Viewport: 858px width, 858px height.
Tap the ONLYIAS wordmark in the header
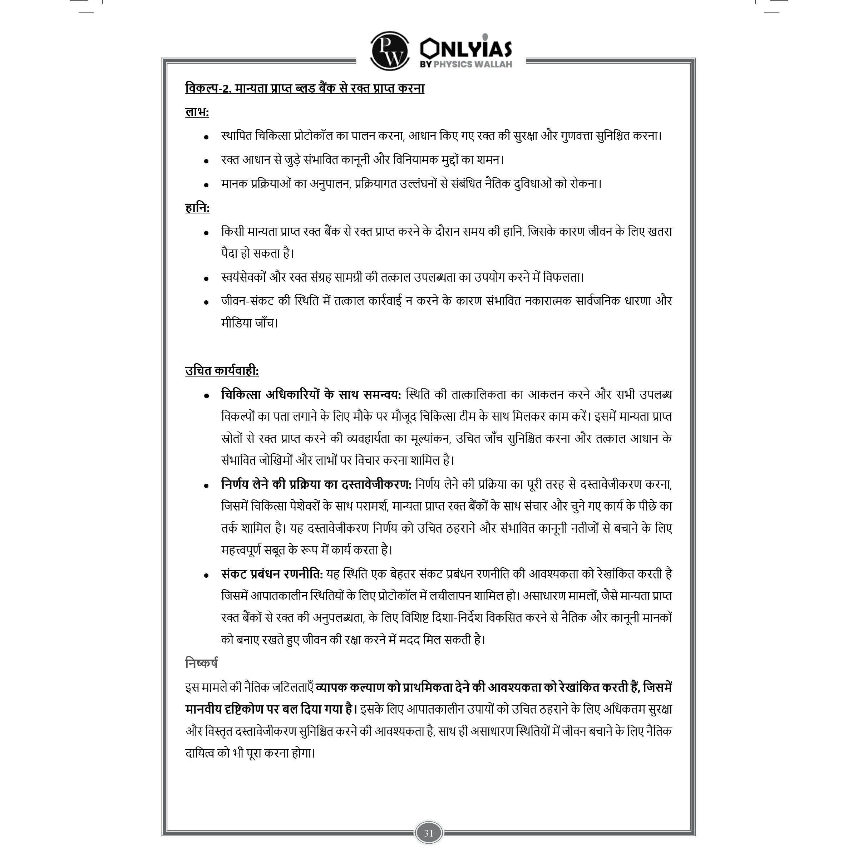(x=466, y=48)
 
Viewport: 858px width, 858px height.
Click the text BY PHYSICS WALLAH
(x=466, y=64)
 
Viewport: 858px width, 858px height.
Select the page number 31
(x=429, y=833)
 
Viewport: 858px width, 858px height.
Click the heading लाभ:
(x=197, y=112)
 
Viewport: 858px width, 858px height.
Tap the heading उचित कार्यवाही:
(x=222, y=371)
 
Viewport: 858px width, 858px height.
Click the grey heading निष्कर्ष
(x=201, y=663)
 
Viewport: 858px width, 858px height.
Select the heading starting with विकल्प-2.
(x=305, y=88)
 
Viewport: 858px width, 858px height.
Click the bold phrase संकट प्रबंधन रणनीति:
(x=272, y=574)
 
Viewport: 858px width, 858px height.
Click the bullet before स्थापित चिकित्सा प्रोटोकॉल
(x=206, y=137)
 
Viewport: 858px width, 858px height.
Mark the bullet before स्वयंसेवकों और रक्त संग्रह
(x=206, y=279)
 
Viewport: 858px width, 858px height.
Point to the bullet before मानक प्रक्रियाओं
(x=206, y=185)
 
